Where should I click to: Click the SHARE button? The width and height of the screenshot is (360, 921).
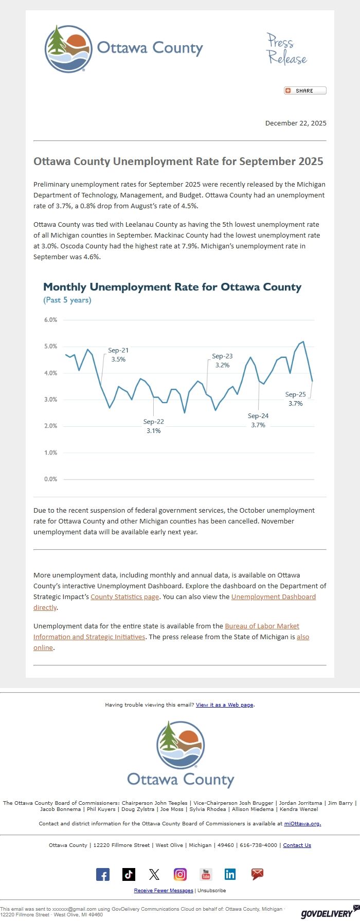click(305, 91)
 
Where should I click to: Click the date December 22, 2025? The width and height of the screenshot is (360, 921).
click(295, 123)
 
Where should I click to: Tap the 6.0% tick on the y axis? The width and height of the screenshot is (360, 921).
click(50, 320)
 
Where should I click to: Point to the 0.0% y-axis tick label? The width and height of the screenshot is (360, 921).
click(50, 479)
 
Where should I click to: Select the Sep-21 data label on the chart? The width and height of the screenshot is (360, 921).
click(118, 355)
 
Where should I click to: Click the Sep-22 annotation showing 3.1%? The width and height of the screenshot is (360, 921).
click(153, 426)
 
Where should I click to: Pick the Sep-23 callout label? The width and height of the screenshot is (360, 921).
click(222, 360)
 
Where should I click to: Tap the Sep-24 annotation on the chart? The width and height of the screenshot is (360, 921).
click(258, 421)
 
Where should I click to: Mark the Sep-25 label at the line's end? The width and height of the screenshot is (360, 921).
click(296, 399)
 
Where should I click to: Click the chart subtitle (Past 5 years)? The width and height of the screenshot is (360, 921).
click(67, 300)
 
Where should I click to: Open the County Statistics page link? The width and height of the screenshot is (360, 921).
click(124, 597)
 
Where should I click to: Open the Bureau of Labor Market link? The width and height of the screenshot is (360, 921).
click(262, 626)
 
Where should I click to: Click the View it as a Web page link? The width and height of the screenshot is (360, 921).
click(225, 705)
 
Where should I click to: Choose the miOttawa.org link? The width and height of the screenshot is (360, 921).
click(302, 824)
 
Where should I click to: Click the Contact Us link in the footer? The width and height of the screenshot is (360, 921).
click(297, 845)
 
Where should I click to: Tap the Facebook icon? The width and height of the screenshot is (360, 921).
click(103, 875)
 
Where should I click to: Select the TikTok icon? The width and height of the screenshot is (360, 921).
click(129, 874)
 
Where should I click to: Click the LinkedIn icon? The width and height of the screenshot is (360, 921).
click(230, 874)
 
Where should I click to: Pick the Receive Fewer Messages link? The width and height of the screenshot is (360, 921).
click(164, 891)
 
